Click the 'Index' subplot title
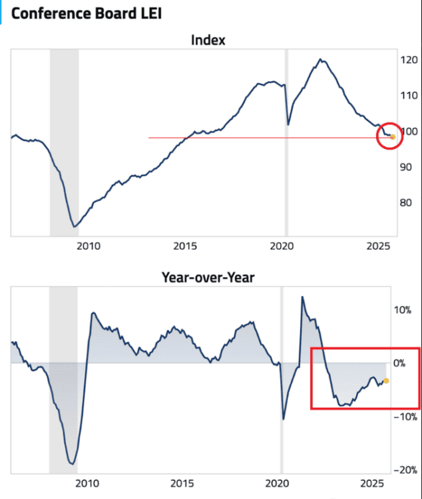[x=208, y=41]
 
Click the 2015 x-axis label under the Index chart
[x=184, y=246]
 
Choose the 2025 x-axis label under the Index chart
[x=377, y=246]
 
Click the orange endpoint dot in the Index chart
[x=393, y=137]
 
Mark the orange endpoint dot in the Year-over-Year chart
[x=387, y=381]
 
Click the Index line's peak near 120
[x=321, y=59]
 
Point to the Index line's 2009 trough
[x=74, y=227]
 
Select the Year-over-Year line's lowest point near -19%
[x=71, y=464]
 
